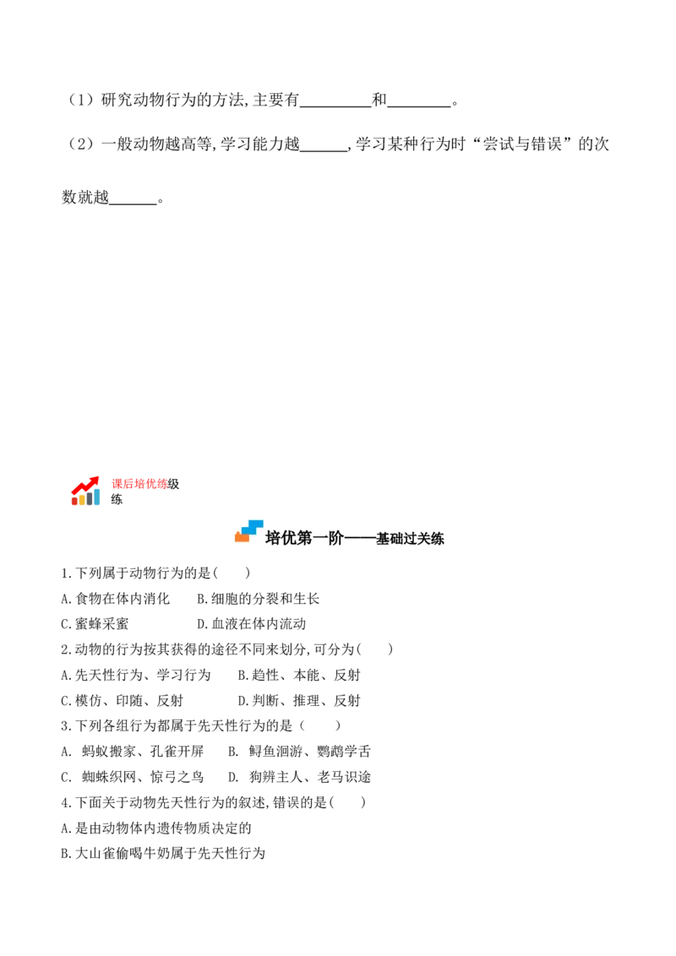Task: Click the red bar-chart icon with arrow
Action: [84, 491]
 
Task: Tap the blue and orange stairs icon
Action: [249, 531]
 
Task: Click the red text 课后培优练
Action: [139, 484]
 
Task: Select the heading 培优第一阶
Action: [304, 538]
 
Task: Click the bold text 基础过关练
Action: [410, 539]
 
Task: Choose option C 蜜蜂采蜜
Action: [95, 624]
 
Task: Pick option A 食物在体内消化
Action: [115, 599]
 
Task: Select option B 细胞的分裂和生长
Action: [258, 599]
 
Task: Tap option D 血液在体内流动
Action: [251, 624]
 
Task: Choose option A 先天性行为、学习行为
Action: [136, 675]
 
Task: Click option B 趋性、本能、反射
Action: [299, 675]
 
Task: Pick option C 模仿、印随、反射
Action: [122, 701]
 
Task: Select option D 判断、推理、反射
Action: [299, 701]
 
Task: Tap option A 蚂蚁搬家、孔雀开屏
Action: [133, 751]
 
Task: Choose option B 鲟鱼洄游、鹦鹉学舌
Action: [300, 751]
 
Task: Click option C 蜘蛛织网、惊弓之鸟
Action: [133, 777]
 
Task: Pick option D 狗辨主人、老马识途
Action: [300, 777]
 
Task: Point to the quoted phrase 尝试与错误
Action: [522, 144]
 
